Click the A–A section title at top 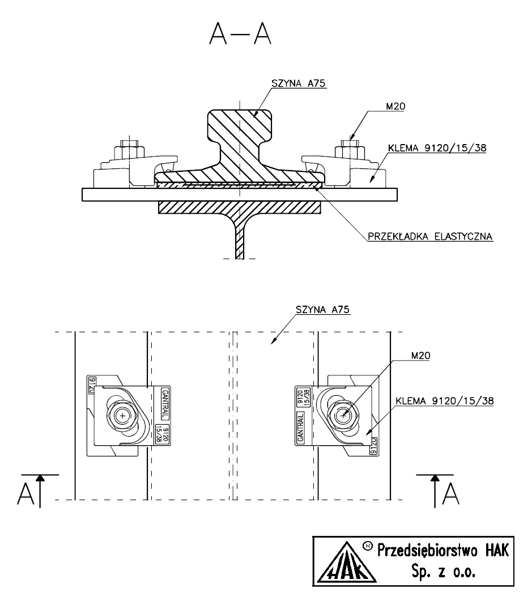[240, 33]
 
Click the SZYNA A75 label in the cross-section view [299, 83]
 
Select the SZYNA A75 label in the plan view [323, 310]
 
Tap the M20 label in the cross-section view [395, 107]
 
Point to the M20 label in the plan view [421, 356]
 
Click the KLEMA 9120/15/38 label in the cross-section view [437, 148]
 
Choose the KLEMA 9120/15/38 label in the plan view [445, 400]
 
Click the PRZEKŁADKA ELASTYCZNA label [430, 236]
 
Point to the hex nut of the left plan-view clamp [122, 416]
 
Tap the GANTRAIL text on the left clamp [165, 403]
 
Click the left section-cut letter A [26, 494]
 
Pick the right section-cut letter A [451, 494]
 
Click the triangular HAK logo [346, 562]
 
